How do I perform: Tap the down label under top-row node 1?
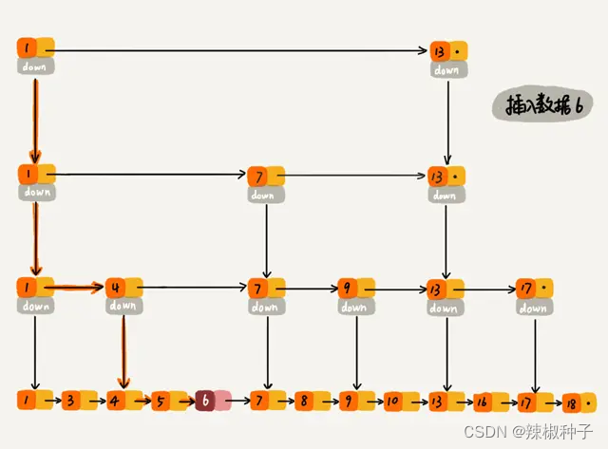(36, 67)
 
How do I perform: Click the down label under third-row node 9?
(353, 307)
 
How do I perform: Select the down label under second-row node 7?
(263, 195)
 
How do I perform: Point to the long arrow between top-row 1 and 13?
(237, 49)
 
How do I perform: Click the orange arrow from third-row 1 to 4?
(76, 286)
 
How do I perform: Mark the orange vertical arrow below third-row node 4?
(122, 351)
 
